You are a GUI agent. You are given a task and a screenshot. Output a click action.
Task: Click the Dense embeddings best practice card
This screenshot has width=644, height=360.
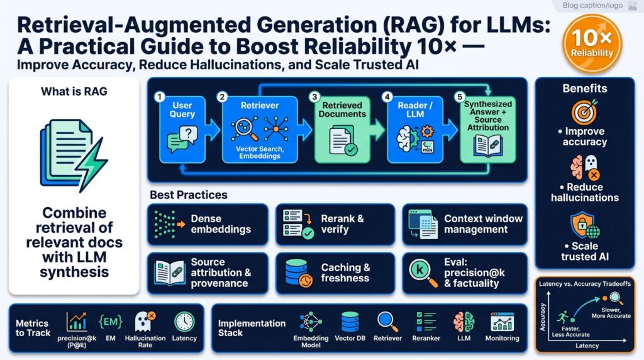208,224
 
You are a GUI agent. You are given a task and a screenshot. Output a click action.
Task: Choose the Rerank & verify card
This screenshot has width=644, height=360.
335,224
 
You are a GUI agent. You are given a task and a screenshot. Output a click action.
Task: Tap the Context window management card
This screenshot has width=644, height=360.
464,224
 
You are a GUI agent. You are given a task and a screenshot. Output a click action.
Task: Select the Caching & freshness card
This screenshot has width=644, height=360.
335,273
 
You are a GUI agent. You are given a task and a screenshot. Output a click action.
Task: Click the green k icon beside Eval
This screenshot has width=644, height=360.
418,272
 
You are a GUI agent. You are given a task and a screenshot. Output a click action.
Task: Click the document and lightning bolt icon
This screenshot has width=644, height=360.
73,152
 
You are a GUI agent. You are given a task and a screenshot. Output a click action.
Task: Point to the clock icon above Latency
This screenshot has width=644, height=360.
184,322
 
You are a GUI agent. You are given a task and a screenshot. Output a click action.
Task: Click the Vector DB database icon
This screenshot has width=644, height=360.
350,322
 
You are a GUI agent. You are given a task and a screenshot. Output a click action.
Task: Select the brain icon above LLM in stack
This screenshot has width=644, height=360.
463,322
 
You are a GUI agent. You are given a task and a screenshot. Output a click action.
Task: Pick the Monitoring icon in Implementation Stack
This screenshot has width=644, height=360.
502,322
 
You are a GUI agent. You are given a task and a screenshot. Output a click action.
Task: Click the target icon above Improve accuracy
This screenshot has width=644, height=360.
584,112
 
